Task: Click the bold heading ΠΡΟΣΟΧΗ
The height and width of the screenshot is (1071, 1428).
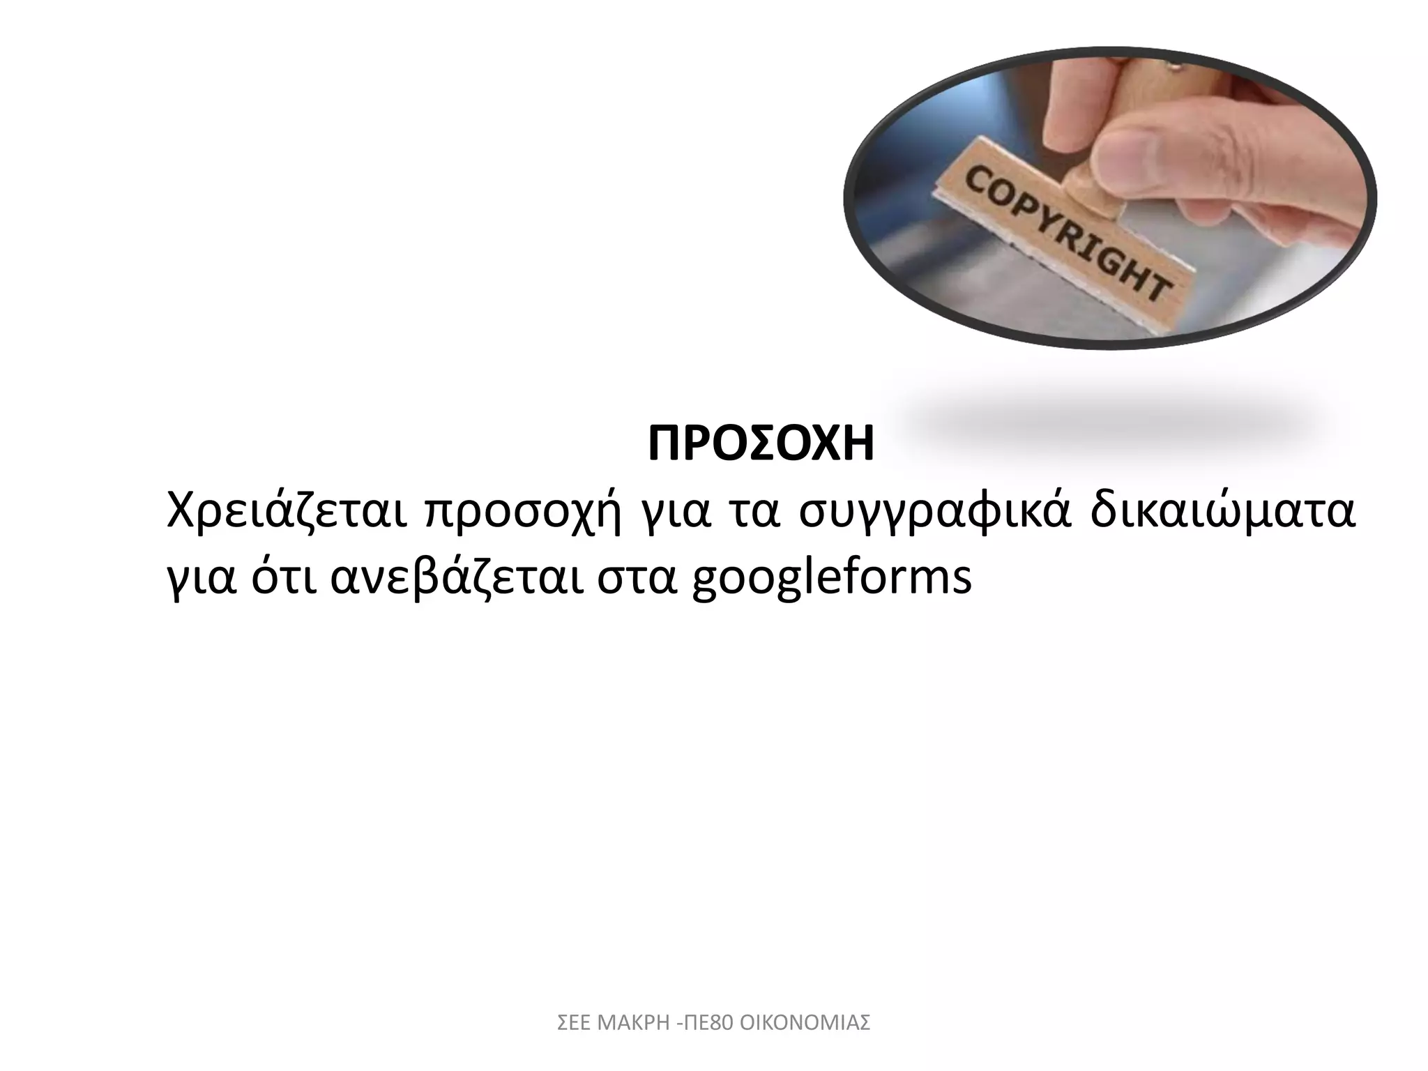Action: (x=761, y=445)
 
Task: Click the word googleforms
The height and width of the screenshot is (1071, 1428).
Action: (x=831, y=580)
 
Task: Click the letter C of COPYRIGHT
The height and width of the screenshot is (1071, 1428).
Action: (x=977, y=182)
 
